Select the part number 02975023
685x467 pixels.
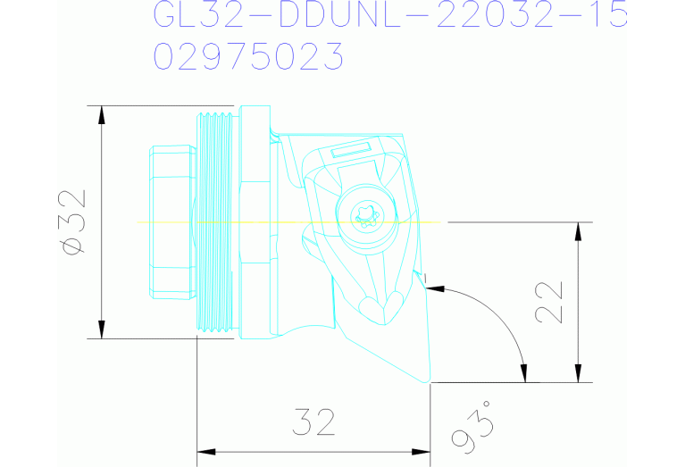tap(249, 56)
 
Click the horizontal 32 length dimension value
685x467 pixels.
tap(313, 422)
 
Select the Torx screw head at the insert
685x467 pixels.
tap(365, 215)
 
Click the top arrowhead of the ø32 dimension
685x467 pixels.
tap(102, 114)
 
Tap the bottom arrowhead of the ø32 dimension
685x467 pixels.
tap(102, 330)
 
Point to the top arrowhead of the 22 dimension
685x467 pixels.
tap(579, 229)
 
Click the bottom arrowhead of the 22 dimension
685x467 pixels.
tap(579, 374)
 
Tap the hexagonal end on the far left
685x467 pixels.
tap(170, 221)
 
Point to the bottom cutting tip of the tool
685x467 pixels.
tap(430, 381)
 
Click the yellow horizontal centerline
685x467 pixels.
tap(179, 221)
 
